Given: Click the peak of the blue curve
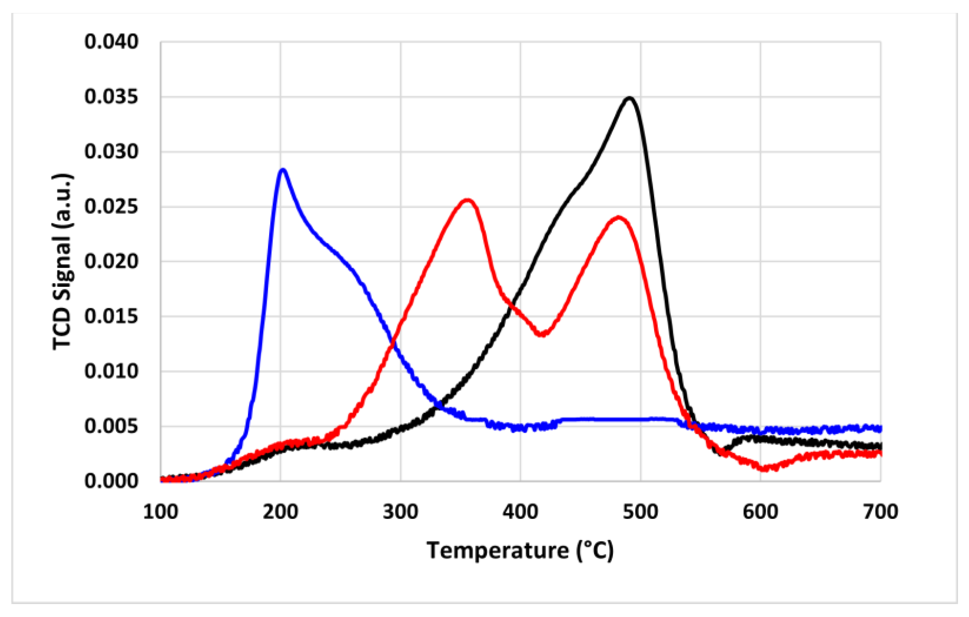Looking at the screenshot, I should click(283, 170).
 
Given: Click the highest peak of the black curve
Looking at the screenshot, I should click(630, 98).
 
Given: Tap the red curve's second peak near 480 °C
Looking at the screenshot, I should click(619, 218).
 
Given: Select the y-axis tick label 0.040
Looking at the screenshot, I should click(111, 42).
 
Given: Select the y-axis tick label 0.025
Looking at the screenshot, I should click(111, 207).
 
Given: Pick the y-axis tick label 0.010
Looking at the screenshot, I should click(111, 371).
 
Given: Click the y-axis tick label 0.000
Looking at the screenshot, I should click(111, 481).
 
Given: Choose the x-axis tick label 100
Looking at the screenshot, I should click(160, 512).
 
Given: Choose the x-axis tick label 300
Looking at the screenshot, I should click(400, 512).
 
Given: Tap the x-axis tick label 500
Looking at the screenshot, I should click(640, 512).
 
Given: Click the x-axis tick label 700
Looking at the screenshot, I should click(880, 512).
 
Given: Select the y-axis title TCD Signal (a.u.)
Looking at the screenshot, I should click(62, 262).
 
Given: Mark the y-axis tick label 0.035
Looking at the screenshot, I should click(111, 97).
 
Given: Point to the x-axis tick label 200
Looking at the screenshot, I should click(280, 512).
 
